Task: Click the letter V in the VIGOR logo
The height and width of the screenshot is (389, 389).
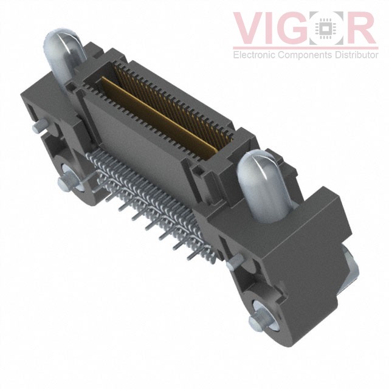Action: point(250,28)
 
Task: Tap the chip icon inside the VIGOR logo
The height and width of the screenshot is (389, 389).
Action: point(326,28)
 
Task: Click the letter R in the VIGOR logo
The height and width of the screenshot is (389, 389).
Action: point(359,28)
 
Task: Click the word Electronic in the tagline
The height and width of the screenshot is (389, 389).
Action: point(255,55)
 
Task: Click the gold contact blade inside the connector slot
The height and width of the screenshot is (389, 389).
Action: point(159,117)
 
